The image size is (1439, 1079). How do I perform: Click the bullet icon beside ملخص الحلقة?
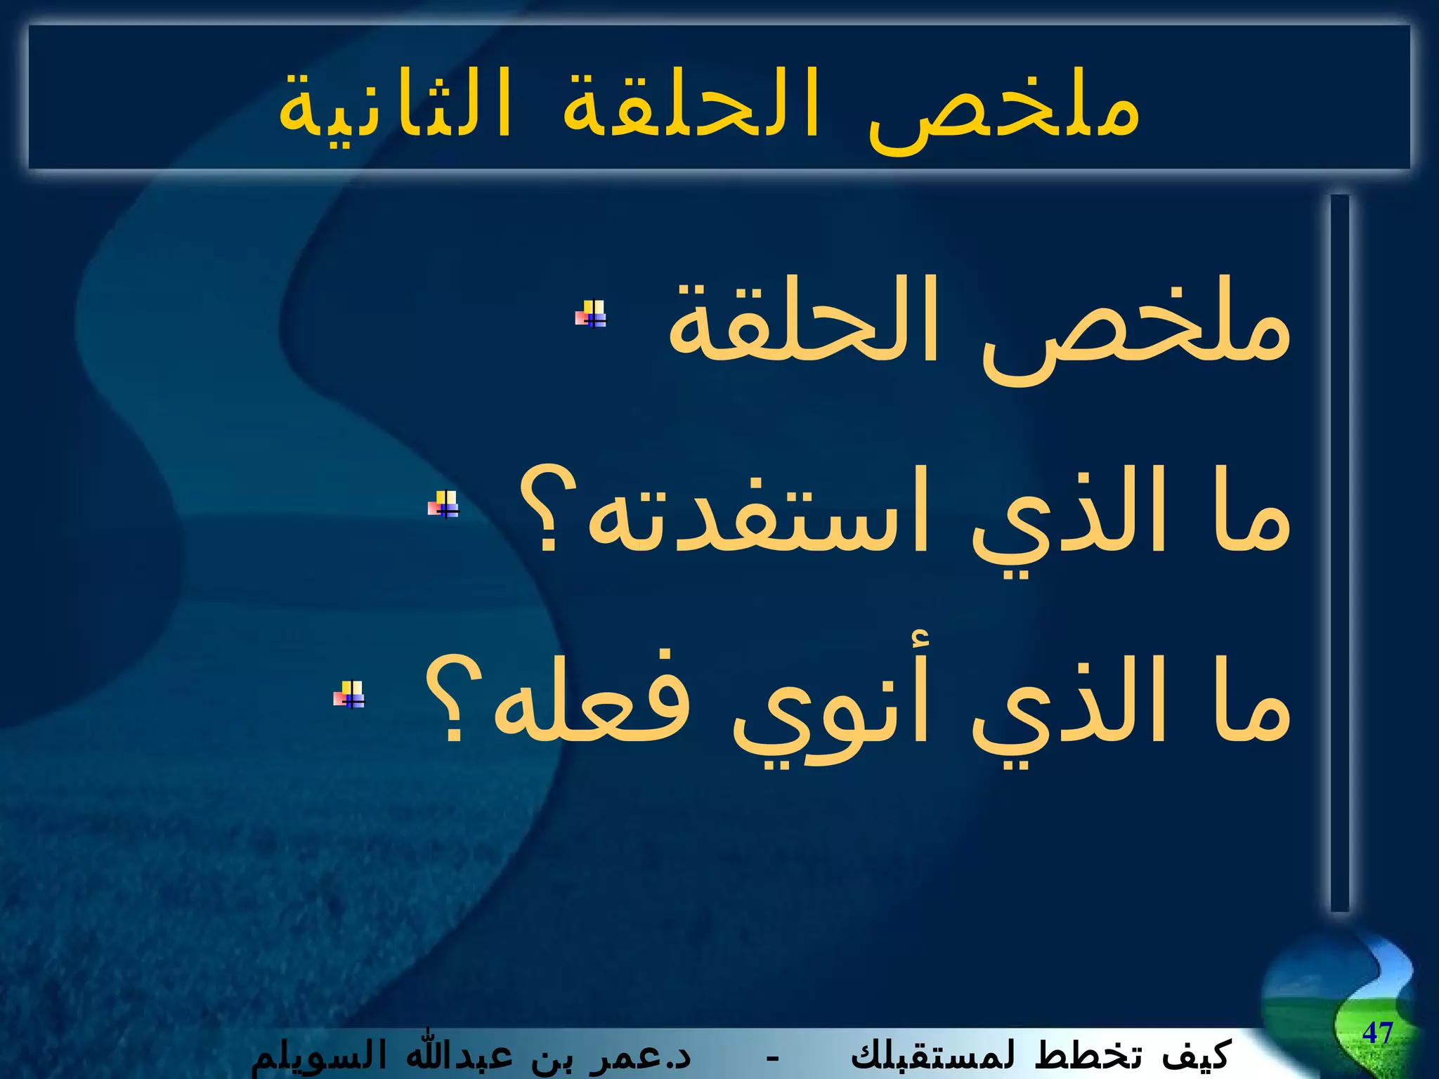click(591, 314)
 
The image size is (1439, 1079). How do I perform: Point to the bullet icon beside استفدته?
click(443, 504)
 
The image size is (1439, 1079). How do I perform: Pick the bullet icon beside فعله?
click(349, 694)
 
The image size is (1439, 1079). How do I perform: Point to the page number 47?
click(1377, 1033)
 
